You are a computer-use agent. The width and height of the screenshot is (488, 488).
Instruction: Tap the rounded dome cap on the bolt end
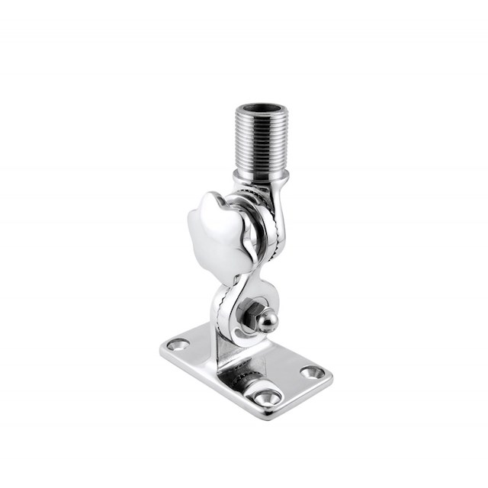click(267, 320)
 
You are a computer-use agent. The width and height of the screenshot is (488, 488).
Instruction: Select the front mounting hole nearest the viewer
click(267, 396)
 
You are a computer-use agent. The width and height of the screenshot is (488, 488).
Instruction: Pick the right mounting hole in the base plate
click(313, 372)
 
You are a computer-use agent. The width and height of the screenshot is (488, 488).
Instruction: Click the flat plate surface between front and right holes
click(294, 385)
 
